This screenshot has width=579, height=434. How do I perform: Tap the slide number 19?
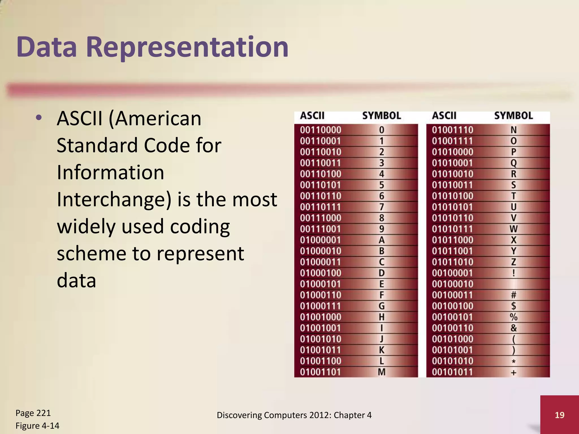click(559, 415)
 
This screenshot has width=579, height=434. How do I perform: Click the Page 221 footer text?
click(33, 413)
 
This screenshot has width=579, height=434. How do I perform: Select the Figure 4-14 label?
click(37, 426)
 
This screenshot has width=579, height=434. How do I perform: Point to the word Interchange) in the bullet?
click(114, 199)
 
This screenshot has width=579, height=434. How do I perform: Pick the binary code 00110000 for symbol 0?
click(321, 130)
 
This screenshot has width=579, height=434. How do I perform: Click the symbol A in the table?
click(382, 240)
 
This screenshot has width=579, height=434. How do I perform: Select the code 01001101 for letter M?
click(321, 372)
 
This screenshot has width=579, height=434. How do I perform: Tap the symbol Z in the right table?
click(514, 262)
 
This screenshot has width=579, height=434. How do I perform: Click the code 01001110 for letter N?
click(452, 130)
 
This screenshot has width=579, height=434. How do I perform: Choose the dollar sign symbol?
click(514, 306)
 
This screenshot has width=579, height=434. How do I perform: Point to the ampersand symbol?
click(514, 328)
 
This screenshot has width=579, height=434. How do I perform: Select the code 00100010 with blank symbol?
click(452, 284)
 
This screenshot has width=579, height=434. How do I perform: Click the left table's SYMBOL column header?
click(382, 116)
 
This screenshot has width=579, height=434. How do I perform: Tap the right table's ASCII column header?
click(444, 116)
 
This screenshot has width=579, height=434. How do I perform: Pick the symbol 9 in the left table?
click(382, 229)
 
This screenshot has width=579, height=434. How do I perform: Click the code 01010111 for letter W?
click(452, 229)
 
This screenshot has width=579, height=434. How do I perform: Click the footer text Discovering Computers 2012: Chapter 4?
click(294, 415)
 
